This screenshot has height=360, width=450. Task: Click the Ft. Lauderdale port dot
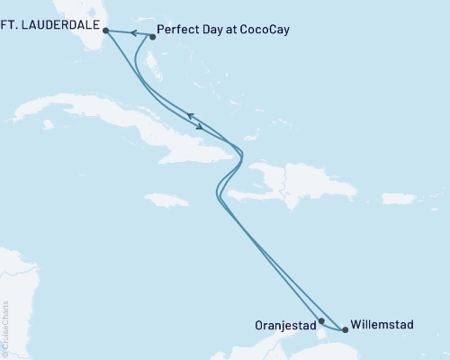pos(106,30)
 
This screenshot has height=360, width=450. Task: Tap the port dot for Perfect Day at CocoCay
pos(152,37)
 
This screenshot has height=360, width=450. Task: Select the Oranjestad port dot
pos(321,320)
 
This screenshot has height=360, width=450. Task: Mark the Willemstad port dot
pos(345,329)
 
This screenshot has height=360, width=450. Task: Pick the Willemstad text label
pos(384,324)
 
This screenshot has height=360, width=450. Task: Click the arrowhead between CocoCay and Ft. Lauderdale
pos(131,33)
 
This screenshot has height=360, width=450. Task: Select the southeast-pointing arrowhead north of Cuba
pos(199,124)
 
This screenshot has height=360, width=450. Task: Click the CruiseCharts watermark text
pos(4,328)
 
